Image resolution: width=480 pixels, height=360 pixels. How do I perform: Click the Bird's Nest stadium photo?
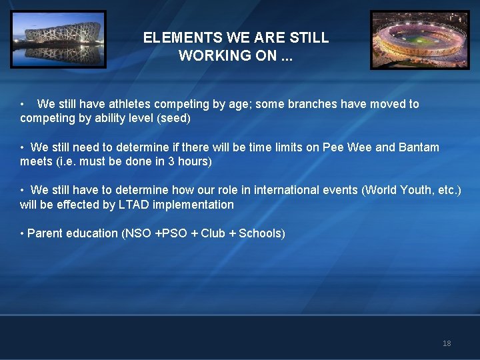(58, 39)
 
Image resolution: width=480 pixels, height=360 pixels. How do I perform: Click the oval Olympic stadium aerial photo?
(420, 40)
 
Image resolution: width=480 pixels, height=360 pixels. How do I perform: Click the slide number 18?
(447, 343)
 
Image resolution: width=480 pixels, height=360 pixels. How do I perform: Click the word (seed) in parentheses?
(174, 119)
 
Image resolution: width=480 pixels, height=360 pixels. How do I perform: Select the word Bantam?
(419, 147)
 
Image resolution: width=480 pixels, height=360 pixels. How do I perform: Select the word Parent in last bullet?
(45, 233)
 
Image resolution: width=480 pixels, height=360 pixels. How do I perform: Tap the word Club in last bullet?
(213, 233)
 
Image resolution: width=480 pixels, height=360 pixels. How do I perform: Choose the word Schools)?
(262, 233)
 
